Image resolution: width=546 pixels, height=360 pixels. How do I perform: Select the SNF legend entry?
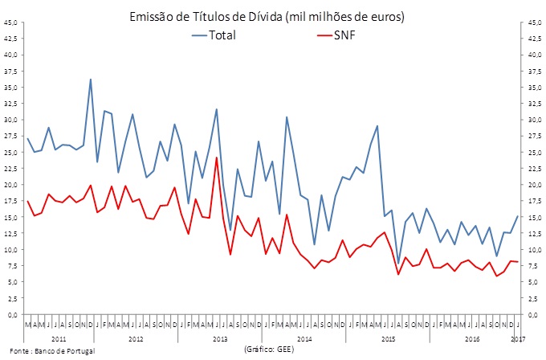345,35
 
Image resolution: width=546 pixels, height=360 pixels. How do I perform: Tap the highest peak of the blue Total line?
91,79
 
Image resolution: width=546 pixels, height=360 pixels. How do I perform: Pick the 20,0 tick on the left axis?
10,184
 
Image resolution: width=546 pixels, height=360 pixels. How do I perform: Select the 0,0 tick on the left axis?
12,314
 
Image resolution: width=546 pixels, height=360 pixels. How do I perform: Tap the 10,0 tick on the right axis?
535,249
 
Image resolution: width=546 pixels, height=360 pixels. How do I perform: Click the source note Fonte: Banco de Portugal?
48,351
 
